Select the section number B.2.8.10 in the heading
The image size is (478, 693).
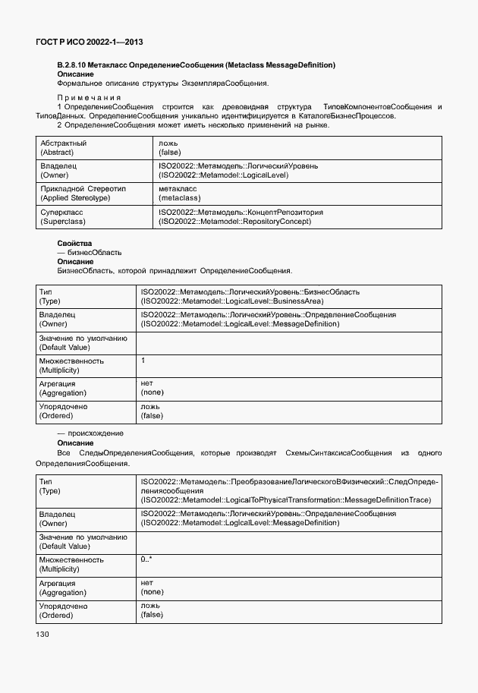pos(74,65)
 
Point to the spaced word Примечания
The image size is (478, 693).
pos(89,98)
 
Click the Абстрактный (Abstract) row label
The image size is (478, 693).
pos(64,147)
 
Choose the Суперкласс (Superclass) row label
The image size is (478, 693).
pos(63,218)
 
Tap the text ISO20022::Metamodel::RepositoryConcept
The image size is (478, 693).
pos(234,222)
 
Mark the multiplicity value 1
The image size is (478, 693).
pos(143,361)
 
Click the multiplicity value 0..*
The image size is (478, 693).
pos(146,559)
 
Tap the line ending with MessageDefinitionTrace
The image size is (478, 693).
pos(286,499)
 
